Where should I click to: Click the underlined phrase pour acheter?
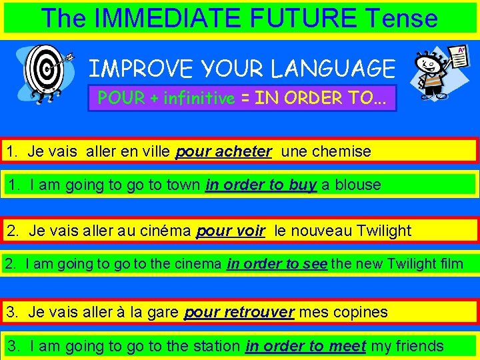(223, 151)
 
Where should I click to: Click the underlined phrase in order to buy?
(261, 185)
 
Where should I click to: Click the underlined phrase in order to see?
(277, 263)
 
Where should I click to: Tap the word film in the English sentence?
(450, 263)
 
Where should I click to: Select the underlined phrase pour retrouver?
(239, 311)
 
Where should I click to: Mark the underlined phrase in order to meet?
(305, 345)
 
